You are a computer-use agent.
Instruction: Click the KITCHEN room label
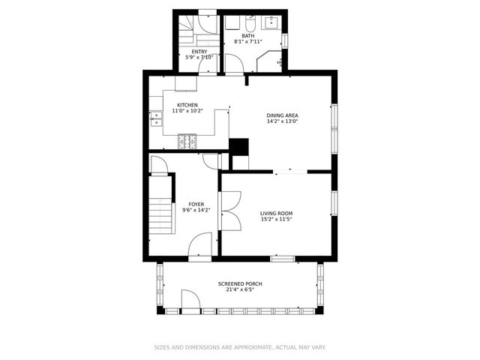coord(187,105)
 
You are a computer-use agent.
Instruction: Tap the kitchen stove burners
coord(187,140)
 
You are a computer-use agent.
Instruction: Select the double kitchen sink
coord(157,118)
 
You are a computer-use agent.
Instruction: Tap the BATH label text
coord(247,36)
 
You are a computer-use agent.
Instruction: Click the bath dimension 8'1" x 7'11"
coord(247,42)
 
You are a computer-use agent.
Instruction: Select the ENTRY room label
coord(199,51)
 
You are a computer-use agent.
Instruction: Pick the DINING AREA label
coord(282,115)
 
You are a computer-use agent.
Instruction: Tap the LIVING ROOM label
coord(276,213)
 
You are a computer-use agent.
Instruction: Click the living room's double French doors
coord(231,211)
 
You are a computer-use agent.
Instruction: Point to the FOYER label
coord(196,204)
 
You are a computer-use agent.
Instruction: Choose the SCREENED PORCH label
coord(240,283)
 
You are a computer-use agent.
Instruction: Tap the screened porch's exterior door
coord(190,302)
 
